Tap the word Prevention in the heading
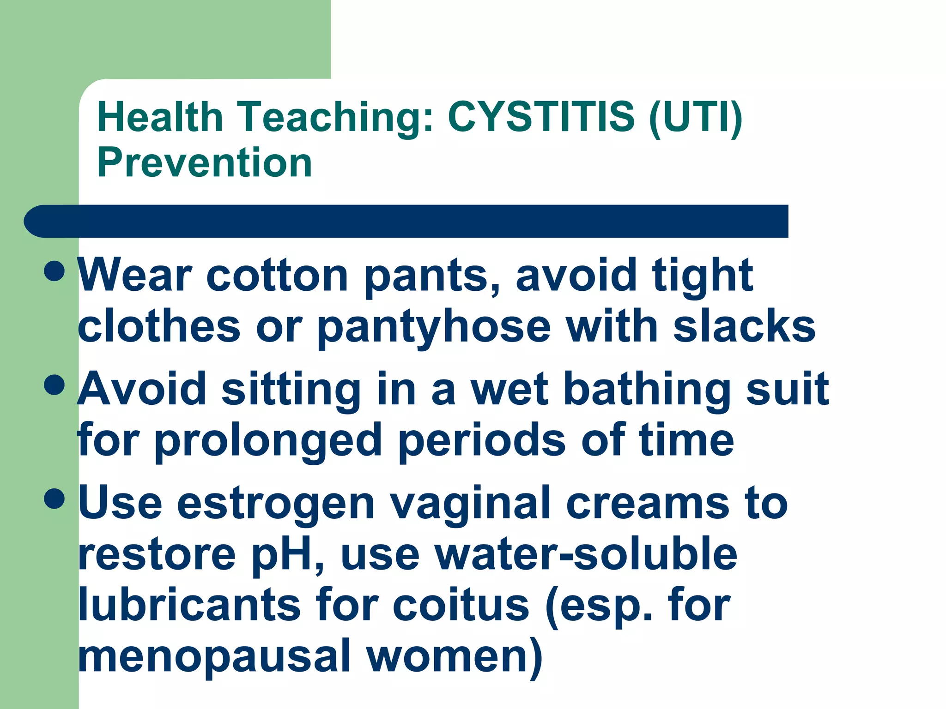(x=205, y=162)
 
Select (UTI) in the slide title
(x=696, y=117)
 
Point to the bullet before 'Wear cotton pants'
(x=55, y=271)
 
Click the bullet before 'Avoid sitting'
(x=55, y=385)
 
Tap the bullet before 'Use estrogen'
(x=55, y=499)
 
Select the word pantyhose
(x=434, y=328)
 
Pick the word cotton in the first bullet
(x=277, y=276)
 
